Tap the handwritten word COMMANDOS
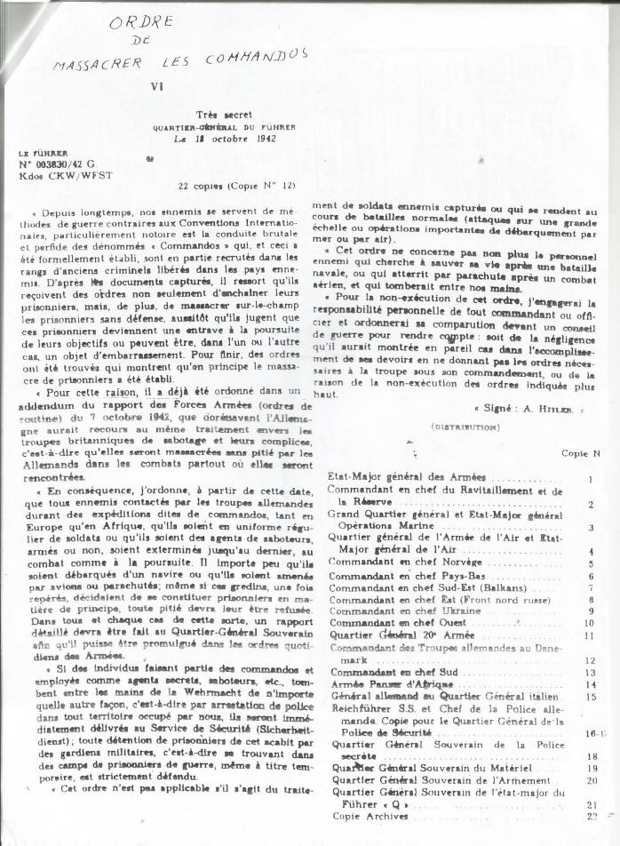tap(262, 57)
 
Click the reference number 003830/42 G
tap(56, 164)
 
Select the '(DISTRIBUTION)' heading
tap(465, 427)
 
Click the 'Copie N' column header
tap(581, 453)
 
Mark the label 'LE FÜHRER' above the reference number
tap(43, 152)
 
